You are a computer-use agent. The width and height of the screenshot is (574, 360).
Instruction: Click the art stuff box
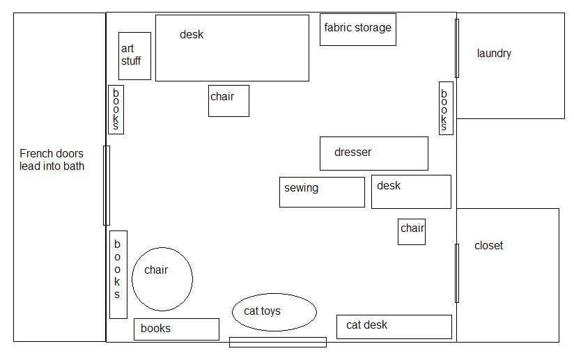click(x=134, y=56)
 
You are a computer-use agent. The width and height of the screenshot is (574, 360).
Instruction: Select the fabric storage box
click(x=358, y=29)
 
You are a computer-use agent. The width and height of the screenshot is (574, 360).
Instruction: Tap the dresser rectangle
click(x=373, y=153)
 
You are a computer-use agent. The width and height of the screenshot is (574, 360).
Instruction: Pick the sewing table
click(x=322, y=191)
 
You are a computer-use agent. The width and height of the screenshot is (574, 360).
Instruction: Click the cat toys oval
click(x=274, y=311)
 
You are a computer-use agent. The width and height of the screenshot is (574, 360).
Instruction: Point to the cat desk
click(x=394, y=327)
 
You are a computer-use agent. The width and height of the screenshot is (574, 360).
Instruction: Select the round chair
click(x=162, y=279)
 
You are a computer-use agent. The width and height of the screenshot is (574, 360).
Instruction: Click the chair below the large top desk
click(x=228, y=100)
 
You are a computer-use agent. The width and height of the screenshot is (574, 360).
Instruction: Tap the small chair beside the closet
click(x=412, y=231)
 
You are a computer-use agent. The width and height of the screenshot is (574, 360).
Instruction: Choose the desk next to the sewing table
click(x=411, y=191)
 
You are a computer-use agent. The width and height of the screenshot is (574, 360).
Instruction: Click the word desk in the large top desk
click(x=192, y=34)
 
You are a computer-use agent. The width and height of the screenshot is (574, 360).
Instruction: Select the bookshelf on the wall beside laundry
click(x=446, y=108)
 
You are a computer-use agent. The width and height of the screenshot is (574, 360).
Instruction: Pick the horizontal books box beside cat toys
click(x=176, y=329)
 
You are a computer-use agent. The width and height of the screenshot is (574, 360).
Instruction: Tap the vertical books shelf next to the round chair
click(x=118, y=274)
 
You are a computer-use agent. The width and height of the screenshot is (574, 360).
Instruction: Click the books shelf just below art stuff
click(x=116, y=109)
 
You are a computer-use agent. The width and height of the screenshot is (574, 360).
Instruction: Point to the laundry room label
click(x=494, y=54)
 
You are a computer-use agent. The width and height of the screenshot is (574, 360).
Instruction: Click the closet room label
click(x=488, y=246)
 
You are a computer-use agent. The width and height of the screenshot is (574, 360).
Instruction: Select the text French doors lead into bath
click(x=52, y=159)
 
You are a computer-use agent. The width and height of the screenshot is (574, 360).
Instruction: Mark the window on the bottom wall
click(x=278, y=342)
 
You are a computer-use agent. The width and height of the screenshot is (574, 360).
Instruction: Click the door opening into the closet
click(x=457, y=273)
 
